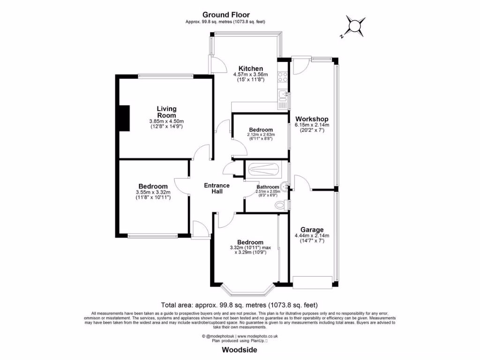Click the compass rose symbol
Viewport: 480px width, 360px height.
point(355,26)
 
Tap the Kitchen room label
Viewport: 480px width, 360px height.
point(251,68)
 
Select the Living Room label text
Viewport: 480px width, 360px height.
point(166,112)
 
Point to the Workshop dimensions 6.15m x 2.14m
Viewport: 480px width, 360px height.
point(312,125)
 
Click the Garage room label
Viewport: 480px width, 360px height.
point(312,230)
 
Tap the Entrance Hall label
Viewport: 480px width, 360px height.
point(217,188)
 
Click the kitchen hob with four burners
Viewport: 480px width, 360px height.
point(282,77)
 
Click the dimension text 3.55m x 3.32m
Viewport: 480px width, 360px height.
point(153,192)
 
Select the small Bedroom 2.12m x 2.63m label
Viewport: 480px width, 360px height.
point(261,130)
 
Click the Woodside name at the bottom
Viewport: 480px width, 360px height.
point(239,350)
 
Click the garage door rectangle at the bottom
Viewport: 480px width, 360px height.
point(312,282)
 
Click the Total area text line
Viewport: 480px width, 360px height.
point(240,304)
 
